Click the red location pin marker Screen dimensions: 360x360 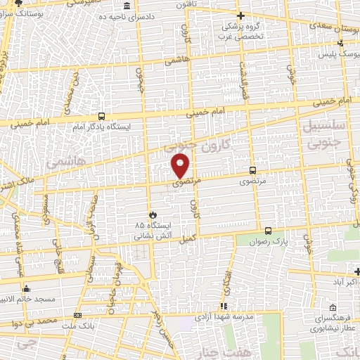(x=181, y=165)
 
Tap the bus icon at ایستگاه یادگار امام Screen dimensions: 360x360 (x=103, y=117)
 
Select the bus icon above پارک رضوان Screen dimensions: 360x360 (x=268, y=231)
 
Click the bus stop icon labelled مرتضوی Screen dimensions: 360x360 (x=252, y=170)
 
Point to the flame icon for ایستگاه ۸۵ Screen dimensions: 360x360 (x=151, y=215)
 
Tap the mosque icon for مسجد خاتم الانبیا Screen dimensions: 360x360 (x=27, y=288)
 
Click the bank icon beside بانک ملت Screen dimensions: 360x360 (x=77, y=316)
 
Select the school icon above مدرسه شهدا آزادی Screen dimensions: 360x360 (x=224, y=307)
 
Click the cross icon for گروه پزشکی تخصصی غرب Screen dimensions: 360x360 (x=240, y=15)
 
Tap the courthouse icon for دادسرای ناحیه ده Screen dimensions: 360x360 (x=126, y=6)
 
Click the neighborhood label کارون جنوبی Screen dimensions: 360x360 (x=188, y=146)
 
